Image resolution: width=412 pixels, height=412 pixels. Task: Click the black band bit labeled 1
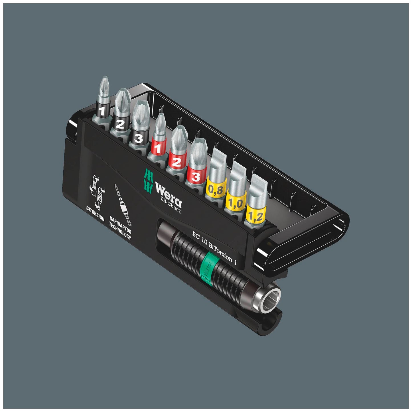coord(102,111)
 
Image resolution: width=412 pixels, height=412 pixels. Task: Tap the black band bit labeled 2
coord(120,124)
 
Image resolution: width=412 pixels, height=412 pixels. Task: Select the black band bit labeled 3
coord(139,138)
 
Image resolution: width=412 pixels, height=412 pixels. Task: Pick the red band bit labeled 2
coord(176,162)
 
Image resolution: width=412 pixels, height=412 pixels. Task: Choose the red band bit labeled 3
coord(195,176)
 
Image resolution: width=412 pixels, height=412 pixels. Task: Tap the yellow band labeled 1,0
coord(235,203)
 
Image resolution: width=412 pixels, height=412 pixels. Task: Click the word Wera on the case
coord(169,193)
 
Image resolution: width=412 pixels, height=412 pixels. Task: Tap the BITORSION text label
coord(96,213)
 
